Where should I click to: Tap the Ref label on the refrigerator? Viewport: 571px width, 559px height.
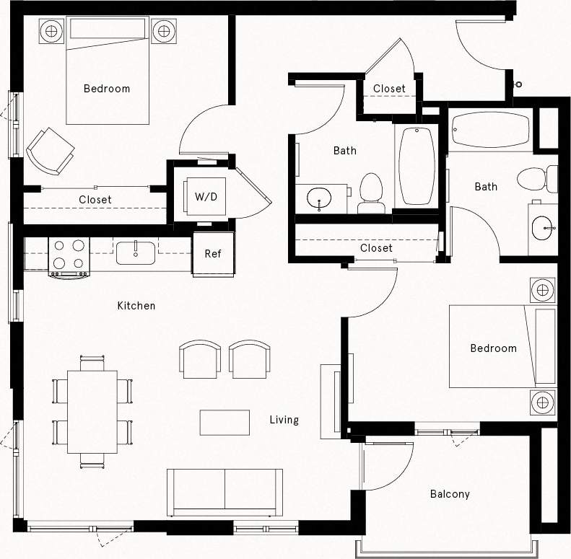tap(213, 253)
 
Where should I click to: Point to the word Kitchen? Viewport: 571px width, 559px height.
tap(136, 306)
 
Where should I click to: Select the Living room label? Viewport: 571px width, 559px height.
tap(284, 420)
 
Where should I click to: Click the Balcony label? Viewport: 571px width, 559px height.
tap(450, 494)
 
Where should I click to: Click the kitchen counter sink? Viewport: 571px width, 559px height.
tap(136, 252)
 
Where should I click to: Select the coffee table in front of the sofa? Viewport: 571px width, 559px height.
tap(225, 422)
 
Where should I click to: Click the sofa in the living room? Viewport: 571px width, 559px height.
tap(225, 492)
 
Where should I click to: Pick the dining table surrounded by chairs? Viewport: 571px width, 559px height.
tap(92, 411)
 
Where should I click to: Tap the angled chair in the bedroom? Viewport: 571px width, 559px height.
tap(50, 150)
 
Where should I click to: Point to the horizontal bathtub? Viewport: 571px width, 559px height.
tap(490, 130)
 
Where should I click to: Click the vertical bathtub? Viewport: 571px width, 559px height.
tap(417, 165)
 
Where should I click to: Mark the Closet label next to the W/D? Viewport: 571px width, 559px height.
tap(95, 200)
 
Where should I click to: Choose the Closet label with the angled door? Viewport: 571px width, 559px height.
tap(389, 89)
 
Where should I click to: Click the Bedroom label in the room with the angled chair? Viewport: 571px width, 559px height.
tap(107, 89)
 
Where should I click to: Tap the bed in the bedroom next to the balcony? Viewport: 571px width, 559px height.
tap(502, 346)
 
